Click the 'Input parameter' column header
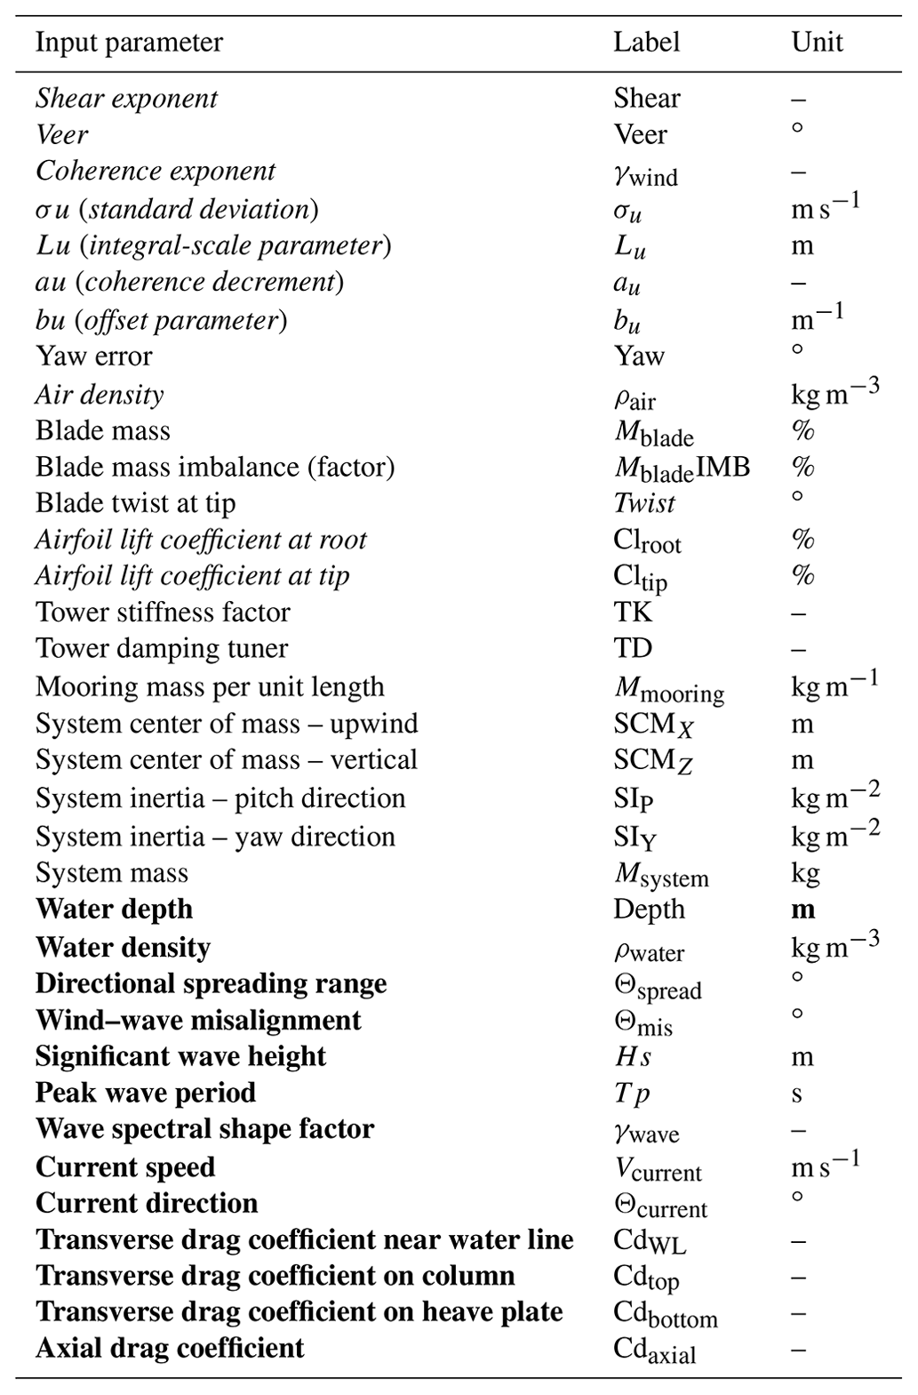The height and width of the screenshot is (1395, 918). (129, 43)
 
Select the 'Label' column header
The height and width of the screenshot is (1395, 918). (646, 43)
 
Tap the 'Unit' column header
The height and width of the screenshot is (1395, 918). (817, 43)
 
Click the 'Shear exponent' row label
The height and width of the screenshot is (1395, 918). (126, 99)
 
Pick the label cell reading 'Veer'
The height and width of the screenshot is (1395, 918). (640, 135)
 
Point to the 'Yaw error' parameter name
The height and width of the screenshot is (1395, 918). (93, 357)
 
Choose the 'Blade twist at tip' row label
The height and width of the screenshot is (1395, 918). (135, 503)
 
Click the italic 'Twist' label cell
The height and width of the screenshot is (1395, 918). (644, 503)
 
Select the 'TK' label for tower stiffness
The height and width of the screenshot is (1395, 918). (632, 613)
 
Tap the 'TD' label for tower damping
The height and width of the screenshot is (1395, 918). (632, 649)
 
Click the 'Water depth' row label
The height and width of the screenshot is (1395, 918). (114, 910)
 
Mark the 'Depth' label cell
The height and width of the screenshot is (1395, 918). (649, 910)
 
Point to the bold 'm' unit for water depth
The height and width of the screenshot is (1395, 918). (802, 910)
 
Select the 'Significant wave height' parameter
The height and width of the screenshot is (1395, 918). (180, 1056)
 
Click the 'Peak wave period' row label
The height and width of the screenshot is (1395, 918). (146, 1093)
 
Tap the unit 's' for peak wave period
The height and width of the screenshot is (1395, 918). (796, 1094)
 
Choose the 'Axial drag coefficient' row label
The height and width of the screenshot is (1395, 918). (170, 1349)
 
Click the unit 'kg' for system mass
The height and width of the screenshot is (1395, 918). (805, 874)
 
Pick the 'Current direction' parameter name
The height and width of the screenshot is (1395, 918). (147, 1204)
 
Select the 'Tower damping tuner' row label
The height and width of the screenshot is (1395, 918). (162, 649)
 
